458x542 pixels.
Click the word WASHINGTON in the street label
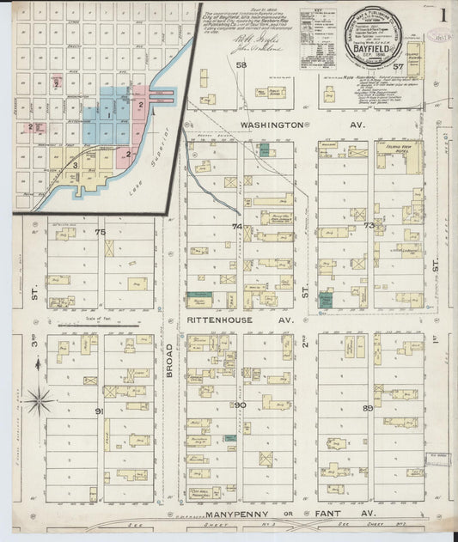272,125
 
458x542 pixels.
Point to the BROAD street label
169,361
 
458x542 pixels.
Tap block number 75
101,232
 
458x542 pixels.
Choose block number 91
100,411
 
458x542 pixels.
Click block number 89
368,407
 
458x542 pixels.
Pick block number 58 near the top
241,65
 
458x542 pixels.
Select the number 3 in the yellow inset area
76,165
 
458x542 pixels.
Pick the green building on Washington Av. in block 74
265,149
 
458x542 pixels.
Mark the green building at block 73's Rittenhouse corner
326,300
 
